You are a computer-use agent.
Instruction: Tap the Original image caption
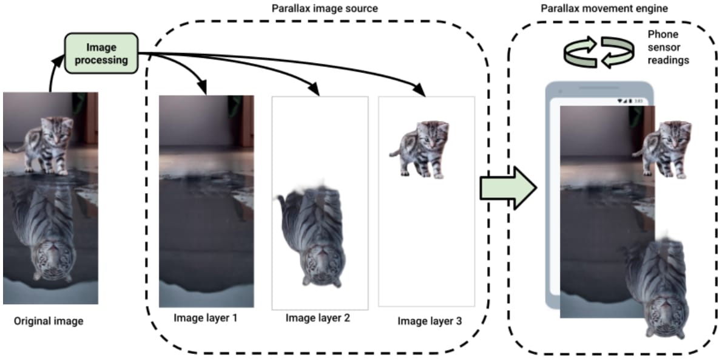49,321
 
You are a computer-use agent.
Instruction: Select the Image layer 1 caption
206,317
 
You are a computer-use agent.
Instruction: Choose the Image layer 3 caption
430,321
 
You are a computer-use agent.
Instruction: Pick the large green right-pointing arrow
508,188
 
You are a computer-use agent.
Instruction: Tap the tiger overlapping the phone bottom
658,285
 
